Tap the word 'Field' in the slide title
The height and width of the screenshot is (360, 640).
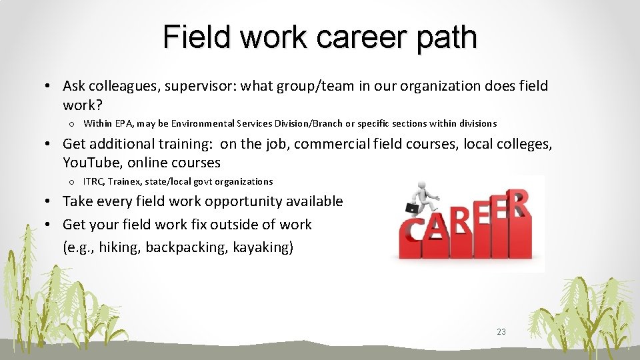pos(197,37)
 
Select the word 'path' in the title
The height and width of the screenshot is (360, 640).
pos(446,37)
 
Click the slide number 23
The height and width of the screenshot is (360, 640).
pos(501,331)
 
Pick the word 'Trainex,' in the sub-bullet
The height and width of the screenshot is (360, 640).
pos(127,181)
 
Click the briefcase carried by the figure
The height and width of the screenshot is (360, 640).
pos(413,209)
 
